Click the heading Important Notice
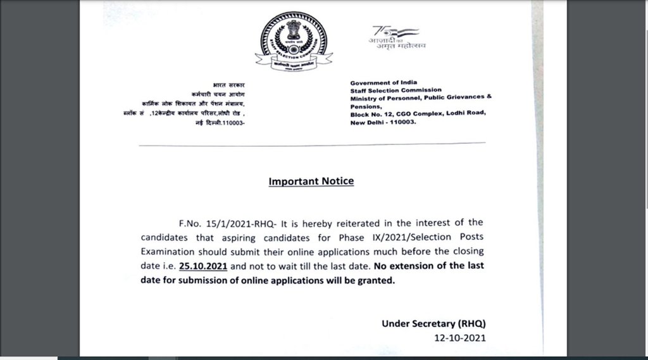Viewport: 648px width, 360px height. (x=311, y=182)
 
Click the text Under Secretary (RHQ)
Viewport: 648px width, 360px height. (x=433, y=323)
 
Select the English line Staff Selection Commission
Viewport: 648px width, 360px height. (x=396, y=90)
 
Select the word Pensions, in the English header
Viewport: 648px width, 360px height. (x=365, y=106)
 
